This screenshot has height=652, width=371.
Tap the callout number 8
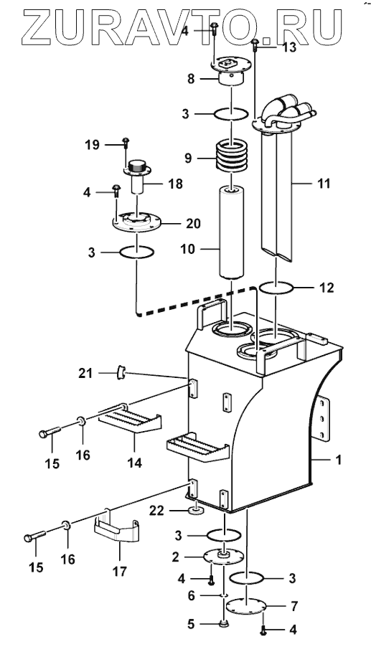[191, 79]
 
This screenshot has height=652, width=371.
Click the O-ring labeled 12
[276, 288]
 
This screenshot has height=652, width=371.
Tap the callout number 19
[92, 145]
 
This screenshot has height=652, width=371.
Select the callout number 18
[176, 184]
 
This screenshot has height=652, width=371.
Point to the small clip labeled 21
[122, 372]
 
